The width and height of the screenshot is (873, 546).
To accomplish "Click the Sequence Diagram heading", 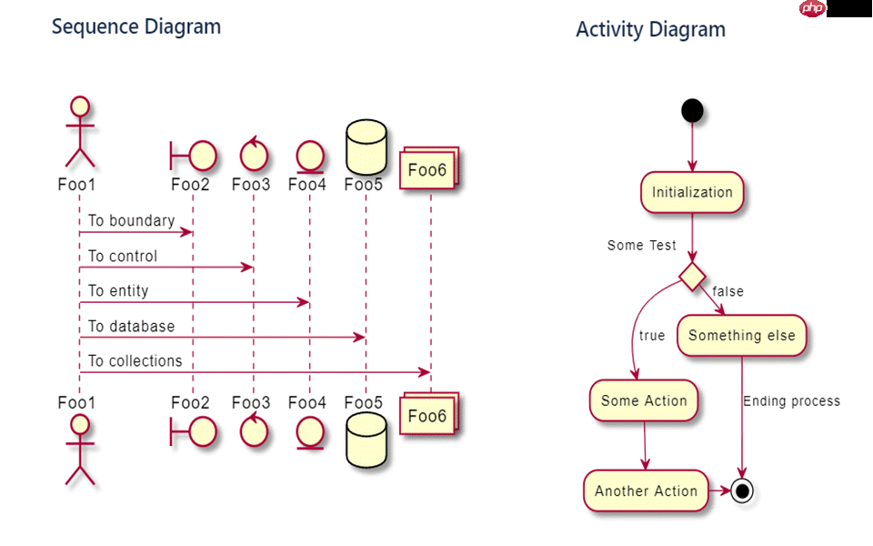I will (x=136, y=26).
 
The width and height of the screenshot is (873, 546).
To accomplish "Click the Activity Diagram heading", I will (x=650, y=29).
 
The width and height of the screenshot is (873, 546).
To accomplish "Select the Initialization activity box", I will (x=692, y=192).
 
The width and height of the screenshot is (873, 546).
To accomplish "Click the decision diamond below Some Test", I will (x=693, y=276).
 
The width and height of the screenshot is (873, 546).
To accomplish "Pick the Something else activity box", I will (x=741, y=336).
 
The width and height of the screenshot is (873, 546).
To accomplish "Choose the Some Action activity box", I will (x=644, y=401).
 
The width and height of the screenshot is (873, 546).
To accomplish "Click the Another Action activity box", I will (x=646, y=491).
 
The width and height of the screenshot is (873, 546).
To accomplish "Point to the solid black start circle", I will (x=692, y=111).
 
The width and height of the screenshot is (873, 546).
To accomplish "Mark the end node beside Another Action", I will (x=743, y=491).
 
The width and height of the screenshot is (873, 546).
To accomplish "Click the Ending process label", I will (x=791, y=401).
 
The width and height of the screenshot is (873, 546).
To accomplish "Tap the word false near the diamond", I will (x=727, y=292).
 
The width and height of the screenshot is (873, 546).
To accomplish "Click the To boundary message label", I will (x=131, y=221).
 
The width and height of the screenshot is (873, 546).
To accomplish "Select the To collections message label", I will (x=135, y=361).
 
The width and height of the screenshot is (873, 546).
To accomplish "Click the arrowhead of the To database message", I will (x=361, y=338).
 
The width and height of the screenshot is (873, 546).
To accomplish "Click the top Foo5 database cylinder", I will (x=366, y=148).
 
